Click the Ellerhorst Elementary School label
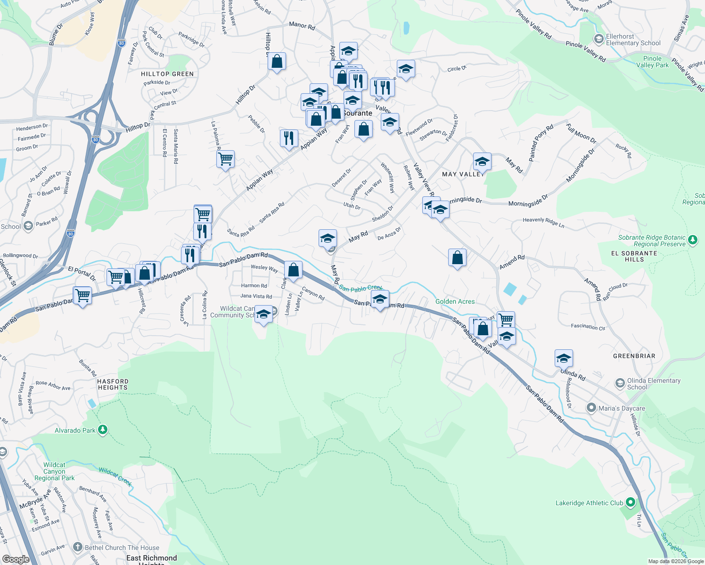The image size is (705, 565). tap(633, 40)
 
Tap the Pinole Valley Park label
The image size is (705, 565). tap(652, 62)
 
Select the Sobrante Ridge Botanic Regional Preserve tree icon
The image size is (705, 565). tap(692, 240)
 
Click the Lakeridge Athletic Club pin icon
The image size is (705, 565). tap(631, 503)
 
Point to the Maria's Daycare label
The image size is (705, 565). tap(622, 408)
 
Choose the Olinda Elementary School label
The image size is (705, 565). tap(654, 384)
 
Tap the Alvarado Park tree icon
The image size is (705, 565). tap(103, 430)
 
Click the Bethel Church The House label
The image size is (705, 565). tap(122, 548)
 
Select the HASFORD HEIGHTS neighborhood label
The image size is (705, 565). tap(113, 384)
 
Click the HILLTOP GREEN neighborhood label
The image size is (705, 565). tap(167, 74)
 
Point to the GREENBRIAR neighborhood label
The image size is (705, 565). tap(634, 356)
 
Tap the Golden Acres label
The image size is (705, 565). tap(455, 301)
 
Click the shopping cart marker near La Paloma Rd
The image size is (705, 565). tap(225, 159)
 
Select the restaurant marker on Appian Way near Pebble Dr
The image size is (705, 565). tap(289, 138)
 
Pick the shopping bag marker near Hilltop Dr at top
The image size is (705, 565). tap(277, 61)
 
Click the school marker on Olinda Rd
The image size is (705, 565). tap(564, 359)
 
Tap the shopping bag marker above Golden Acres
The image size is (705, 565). tap(457, 258)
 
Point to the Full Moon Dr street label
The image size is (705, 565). tap(581, 134)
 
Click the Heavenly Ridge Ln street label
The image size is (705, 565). tap(543, 222)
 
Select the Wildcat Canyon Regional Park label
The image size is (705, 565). tap(54, 471)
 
